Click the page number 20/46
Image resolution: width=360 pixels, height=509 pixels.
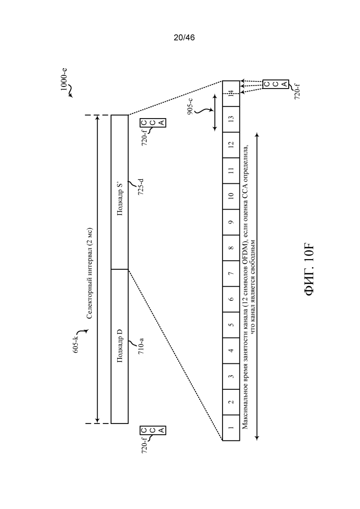[x=184, y=38]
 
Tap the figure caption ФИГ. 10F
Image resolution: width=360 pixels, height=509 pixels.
[x=309, y=269]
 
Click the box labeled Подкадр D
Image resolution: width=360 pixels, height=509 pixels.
[x=120, y=346]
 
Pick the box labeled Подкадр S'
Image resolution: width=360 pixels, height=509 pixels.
[x=120, y=192]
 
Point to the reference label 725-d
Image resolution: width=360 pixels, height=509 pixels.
[x=141, y=187]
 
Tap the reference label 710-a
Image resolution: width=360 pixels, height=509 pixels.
[x=141, y=346]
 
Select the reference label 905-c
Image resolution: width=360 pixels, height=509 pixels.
[x=190, y=104]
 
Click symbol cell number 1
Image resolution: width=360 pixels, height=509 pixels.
[x=231, y=428]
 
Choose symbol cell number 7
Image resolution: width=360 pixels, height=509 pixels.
[x=231, y=273]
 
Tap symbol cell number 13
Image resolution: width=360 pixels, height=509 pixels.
[x=231, y=119]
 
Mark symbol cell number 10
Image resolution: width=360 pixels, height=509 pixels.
[x=231, y=196]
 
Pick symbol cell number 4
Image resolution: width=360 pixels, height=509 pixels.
[x=231, y=351]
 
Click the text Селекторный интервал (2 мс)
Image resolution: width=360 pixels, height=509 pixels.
[x=90, y=273]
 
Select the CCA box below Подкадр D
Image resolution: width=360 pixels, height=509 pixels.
[x=153, y=431]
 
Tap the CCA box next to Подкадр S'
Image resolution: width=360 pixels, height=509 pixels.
[x=153, y=123]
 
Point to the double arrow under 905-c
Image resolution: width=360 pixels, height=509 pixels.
[x=214, y=112]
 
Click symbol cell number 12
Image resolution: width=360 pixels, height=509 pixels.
[x=231, y=145]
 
